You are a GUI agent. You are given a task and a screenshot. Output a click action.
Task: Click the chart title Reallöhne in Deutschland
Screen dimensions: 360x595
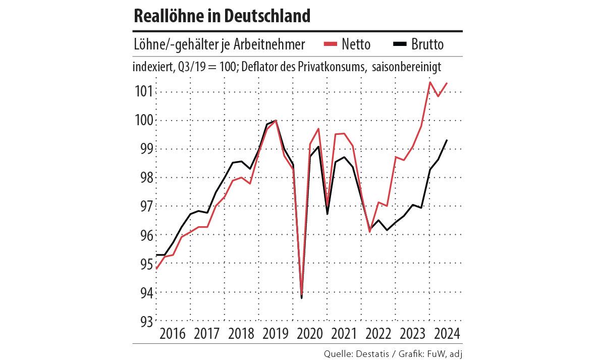coord(222,16)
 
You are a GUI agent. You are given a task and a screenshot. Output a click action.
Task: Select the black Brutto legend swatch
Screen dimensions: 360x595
coord(400,45)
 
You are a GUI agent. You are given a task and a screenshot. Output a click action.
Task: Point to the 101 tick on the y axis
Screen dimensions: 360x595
coord(143,92)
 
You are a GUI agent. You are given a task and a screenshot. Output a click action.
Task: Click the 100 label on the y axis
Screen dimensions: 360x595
coord(143,121)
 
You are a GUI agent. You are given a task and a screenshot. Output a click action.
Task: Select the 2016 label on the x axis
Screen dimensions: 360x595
coord(172,334)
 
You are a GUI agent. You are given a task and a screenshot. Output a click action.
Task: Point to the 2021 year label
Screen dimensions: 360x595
coord(345,334)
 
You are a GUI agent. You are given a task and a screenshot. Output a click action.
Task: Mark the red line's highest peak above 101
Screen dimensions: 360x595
coord(429,82)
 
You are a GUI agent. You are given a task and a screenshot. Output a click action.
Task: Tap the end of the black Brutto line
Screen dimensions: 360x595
coord(447,140)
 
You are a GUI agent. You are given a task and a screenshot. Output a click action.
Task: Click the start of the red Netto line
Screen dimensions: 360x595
coord(156,269)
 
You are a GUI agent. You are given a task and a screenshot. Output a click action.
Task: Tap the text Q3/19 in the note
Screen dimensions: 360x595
coord(184,68)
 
